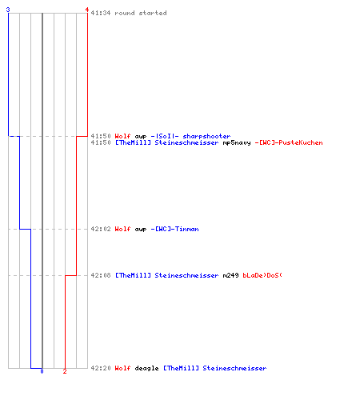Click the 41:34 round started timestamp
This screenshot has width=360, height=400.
(101, 13)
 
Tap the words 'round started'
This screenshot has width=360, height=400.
(141, 13)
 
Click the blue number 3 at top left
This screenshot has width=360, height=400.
(8, 10)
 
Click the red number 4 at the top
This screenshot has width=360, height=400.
(87, 10)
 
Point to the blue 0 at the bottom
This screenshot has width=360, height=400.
(42, 371)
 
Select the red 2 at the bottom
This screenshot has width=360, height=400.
(65, 371)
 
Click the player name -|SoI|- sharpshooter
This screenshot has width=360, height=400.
(190, 136)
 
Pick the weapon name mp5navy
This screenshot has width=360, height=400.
(237, 142)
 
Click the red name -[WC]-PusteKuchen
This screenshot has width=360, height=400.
(289, 142)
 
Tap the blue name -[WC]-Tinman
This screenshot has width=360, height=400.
(174, 229)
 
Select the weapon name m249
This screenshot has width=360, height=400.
(230, 275)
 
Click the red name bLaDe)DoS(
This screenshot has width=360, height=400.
(262, 275)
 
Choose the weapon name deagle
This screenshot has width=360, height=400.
(146, 368)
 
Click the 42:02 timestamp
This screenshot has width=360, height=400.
(101, 229)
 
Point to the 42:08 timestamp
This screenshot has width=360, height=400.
(101, 275)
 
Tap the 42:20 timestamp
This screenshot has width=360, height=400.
(101, 368)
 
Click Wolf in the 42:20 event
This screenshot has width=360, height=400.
(122, 368)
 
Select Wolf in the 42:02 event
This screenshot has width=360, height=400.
(122, 229)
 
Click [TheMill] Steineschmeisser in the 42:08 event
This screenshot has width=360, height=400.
(167, 275)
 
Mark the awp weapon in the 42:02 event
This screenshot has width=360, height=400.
(141, 230)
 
